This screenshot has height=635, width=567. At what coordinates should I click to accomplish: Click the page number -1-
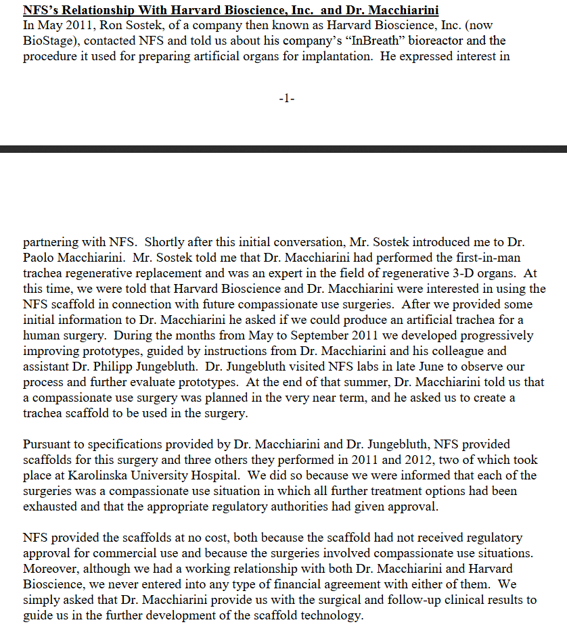(286, 99)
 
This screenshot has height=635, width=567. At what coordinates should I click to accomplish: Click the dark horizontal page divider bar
(283, 149)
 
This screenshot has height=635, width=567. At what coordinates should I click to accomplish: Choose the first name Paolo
(40, 257)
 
